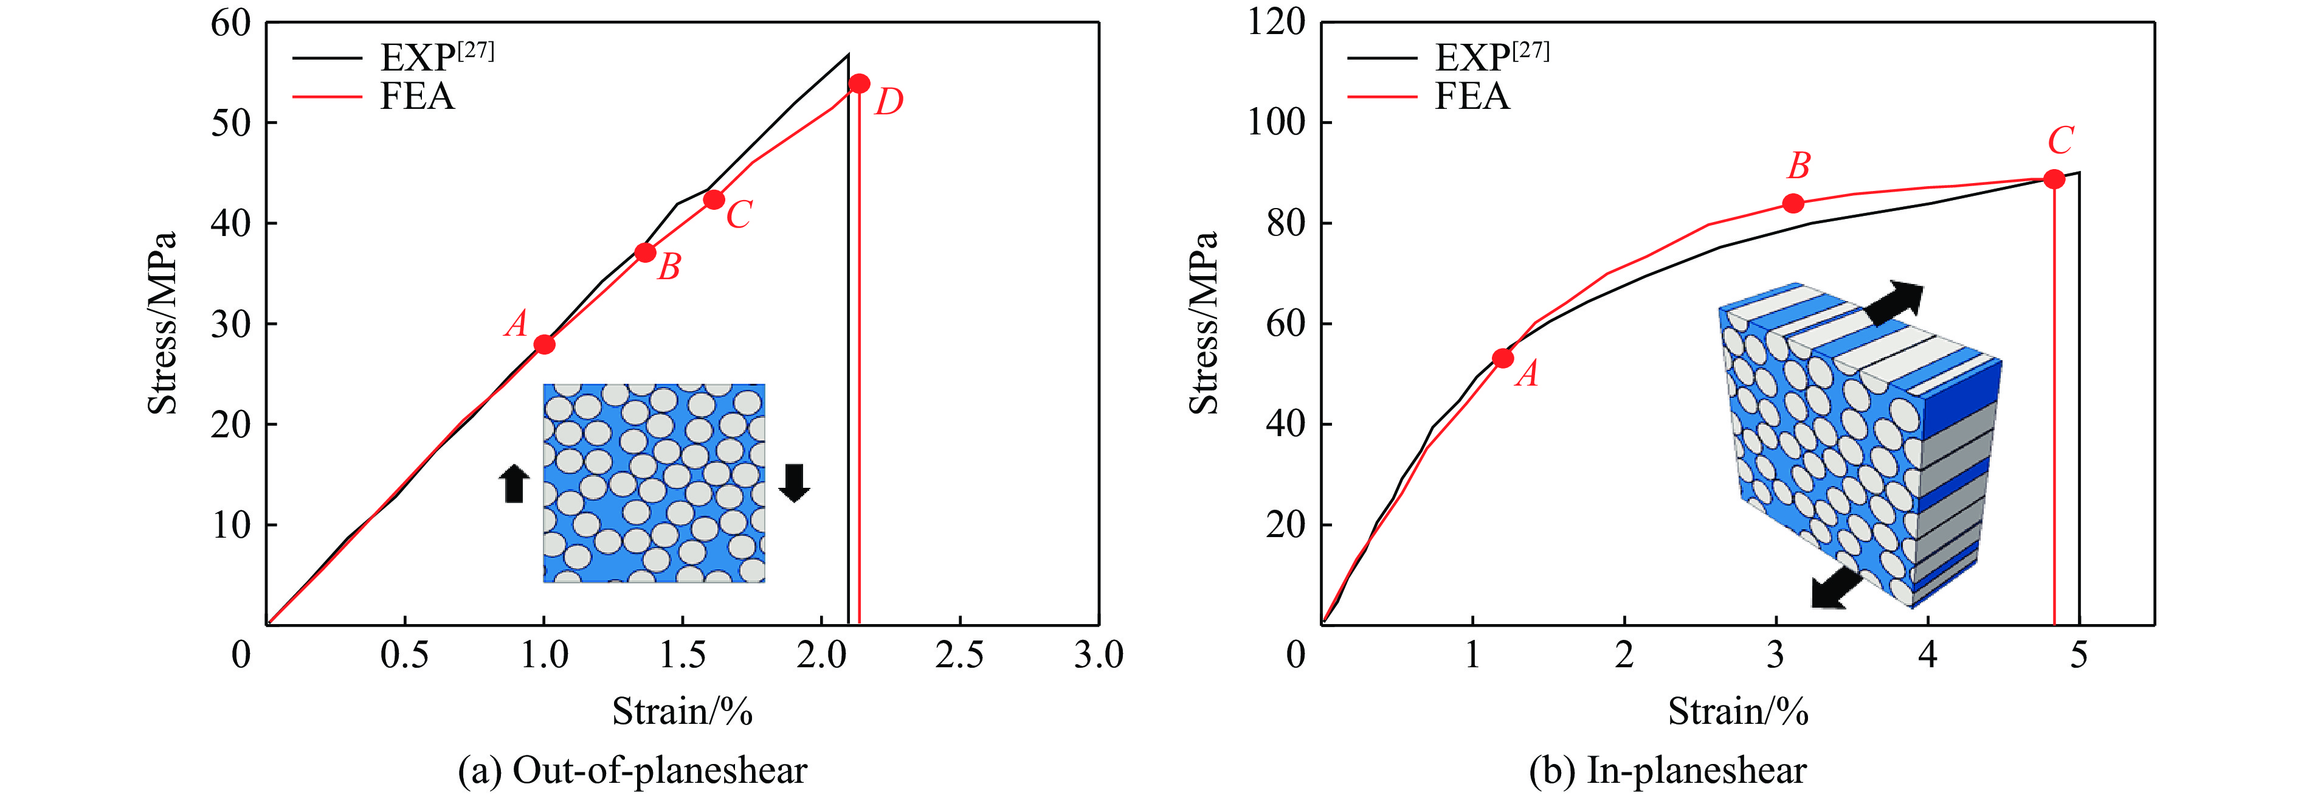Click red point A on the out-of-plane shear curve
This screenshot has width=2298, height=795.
click(x=544, y=344)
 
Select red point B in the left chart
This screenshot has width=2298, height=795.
click(x=646, y=252)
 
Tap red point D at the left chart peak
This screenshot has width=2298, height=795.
click(x=859, y=84)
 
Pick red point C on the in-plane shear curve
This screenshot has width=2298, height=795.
click(x=2054, y=179)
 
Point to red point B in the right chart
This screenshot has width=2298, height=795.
click(x=1793, y=203)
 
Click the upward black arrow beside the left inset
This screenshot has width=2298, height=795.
click(x=514, y=484)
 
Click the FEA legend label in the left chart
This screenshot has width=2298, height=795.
click(x=418, y=96)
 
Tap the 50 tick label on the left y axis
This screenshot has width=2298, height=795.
click(x=231, y=122)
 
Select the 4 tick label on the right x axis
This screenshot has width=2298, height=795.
click(x=1928, y=656)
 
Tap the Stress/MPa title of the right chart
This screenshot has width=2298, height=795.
click(x=1204, y=323)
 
